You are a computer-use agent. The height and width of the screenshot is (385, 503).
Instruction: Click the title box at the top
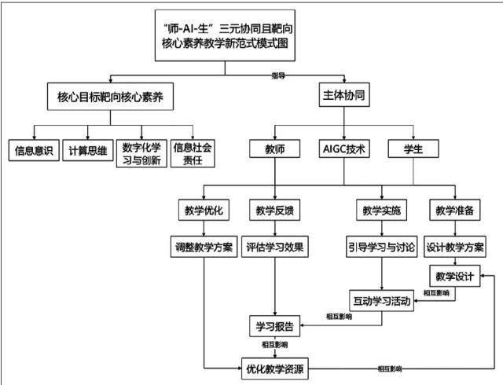(x=225, y=35)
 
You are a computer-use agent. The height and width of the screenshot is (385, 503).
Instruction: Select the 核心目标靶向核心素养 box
(x=110, y=97)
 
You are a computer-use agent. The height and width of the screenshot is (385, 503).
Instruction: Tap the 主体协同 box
(x=344, y=94)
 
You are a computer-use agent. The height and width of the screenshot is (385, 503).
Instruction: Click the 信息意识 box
(x=34, y=150)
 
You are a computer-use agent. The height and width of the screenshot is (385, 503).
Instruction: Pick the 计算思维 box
(x=88, y=150)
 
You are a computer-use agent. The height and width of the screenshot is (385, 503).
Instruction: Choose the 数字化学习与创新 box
(x=141, y=153)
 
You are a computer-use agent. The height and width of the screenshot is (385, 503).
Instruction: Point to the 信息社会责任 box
(x=193, y=153)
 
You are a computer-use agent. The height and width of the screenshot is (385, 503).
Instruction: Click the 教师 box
(x=275, y=148)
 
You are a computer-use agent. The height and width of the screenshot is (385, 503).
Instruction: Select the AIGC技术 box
(x=344, y=148)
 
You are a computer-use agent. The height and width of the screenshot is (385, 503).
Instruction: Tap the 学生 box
(x=413, y=148)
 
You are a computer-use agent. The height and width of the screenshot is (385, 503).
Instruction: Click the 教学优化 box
(x=204, y=210)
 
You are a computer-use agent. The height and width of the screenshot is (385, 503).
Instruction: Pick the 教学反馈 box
(x=275, y=210)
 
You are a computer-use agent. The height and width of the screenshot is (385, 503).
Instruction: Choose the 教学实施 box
(x=382, y=210)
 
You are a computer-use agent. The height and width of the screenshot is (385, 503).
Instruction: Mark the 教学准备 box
(x=455, y=210)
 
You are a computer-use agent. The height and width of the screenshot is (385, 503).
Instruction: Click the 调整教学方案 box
(x=204, y=247)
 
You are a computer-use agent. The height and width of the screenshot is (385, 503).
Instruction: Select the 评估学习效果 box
(x=275, y=247)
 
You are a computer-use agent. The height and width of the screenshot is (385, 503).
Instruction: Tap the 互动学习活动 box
(x=382, y=301)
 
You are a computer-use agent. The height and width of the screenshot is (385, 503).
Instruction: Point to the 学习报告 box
(x=275, y=326)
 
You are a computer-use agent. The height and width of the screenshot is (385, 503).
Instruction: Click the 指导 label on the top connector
(x=278, y=75)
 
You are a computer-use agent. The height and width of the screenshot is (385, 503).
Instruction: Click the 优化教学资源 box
(x=275, y=368)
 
